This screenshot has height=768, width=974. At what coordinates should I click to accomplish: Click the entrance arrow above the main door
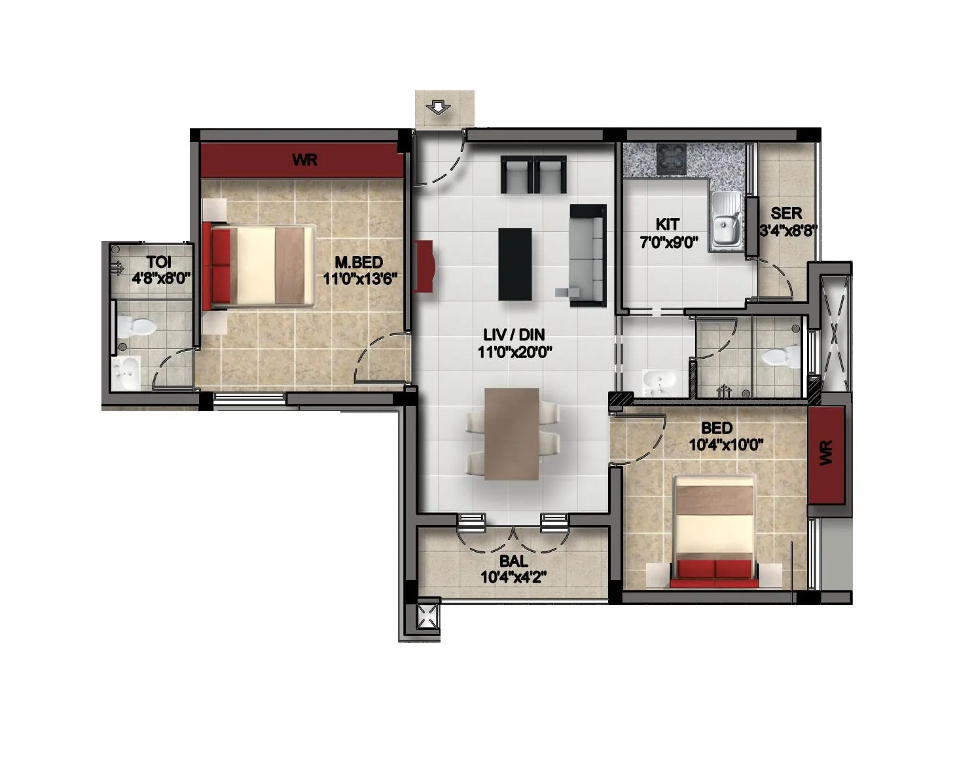click(437, 107)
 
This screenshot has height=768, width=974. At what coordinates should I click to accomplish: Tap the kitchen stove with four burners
click(672, 158)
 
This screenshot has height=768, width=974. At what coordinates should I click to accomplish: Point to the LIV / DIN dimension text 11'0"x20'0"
click(515, 352)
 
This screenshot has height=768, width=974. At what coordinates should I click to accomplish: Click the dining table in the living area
click(512, 433)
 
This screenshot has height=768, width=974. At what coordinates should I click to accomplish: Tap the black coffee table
click(515, 263)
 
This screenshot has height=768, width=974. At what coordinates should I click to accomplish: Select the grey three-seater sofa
click(588, 255)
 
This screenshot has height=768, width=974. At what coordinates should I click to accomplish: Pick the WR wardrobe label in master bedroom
click(305, 160)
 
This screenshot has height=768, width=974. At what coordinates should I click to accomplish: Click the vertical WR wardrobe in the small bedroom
click(826, 454)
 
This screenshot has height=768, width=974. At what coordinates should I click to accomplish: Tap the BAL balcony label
click(513, 562)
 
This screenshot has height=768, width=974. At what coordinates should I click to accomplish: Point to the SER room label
click(785, 213)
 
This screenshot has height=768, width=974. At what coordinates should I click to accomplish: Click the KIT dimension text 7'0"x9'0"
click(668, 242)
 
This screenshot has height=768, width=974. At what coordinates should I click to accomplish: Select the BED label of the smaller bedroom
click(716, 428)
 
